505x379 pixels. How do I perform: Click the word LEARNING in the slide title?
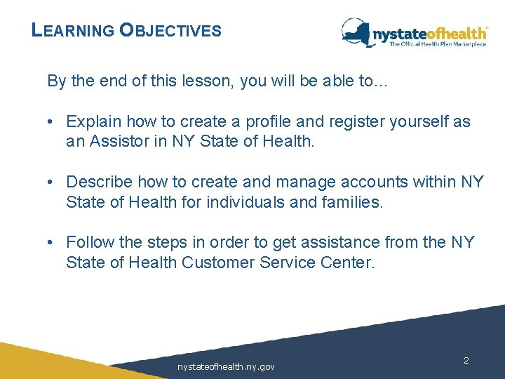tap(73, 31)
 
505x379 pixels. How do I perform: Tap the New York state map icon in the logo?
tap(356, 32)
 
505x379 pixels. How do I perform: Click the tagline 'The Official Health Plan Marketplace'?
tap(438, 44)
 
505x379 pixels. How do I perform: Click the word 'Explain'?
tap(93, 121)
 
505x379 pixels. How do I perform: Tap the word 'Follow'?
tap(88, 243)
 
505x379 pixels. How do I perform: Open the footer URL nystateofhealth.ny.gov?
tap(226, 366)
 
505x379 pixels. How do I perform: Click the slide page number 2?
tap(466, 360)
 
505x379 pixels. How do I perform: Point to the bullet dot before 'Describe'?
tap(52, 182)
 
